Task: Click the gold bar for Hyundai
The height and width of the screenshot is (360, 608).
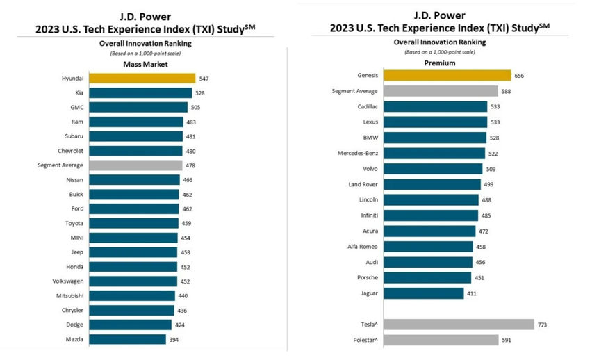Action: coord(142,79)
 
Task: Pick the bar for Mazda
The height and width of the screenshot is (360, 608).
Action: coord(127,339)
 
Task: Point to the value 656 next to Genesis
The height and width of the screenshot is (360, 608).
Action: coord(519,76)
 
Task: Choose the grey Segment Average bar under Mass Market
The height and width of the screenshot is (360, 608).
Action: coord(135,165)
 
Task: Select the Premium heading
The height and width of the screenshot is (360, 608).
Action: coord(440,63)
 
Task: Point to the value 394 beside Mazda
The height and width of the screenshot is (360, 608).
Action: coord(174,339)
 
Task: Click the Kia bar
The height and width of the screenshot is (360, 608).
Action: coord(140,93)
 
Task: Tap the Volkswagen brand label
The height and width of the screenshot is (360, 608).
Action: coord(67,281)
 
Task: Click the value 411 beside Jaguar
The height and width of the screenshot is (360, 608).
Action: coord(471,293)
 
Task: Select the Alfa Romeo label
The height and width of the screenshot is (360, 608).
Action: coord(362,247)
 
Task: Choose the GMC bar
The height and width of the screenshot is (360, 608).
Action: coord(138,108)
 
